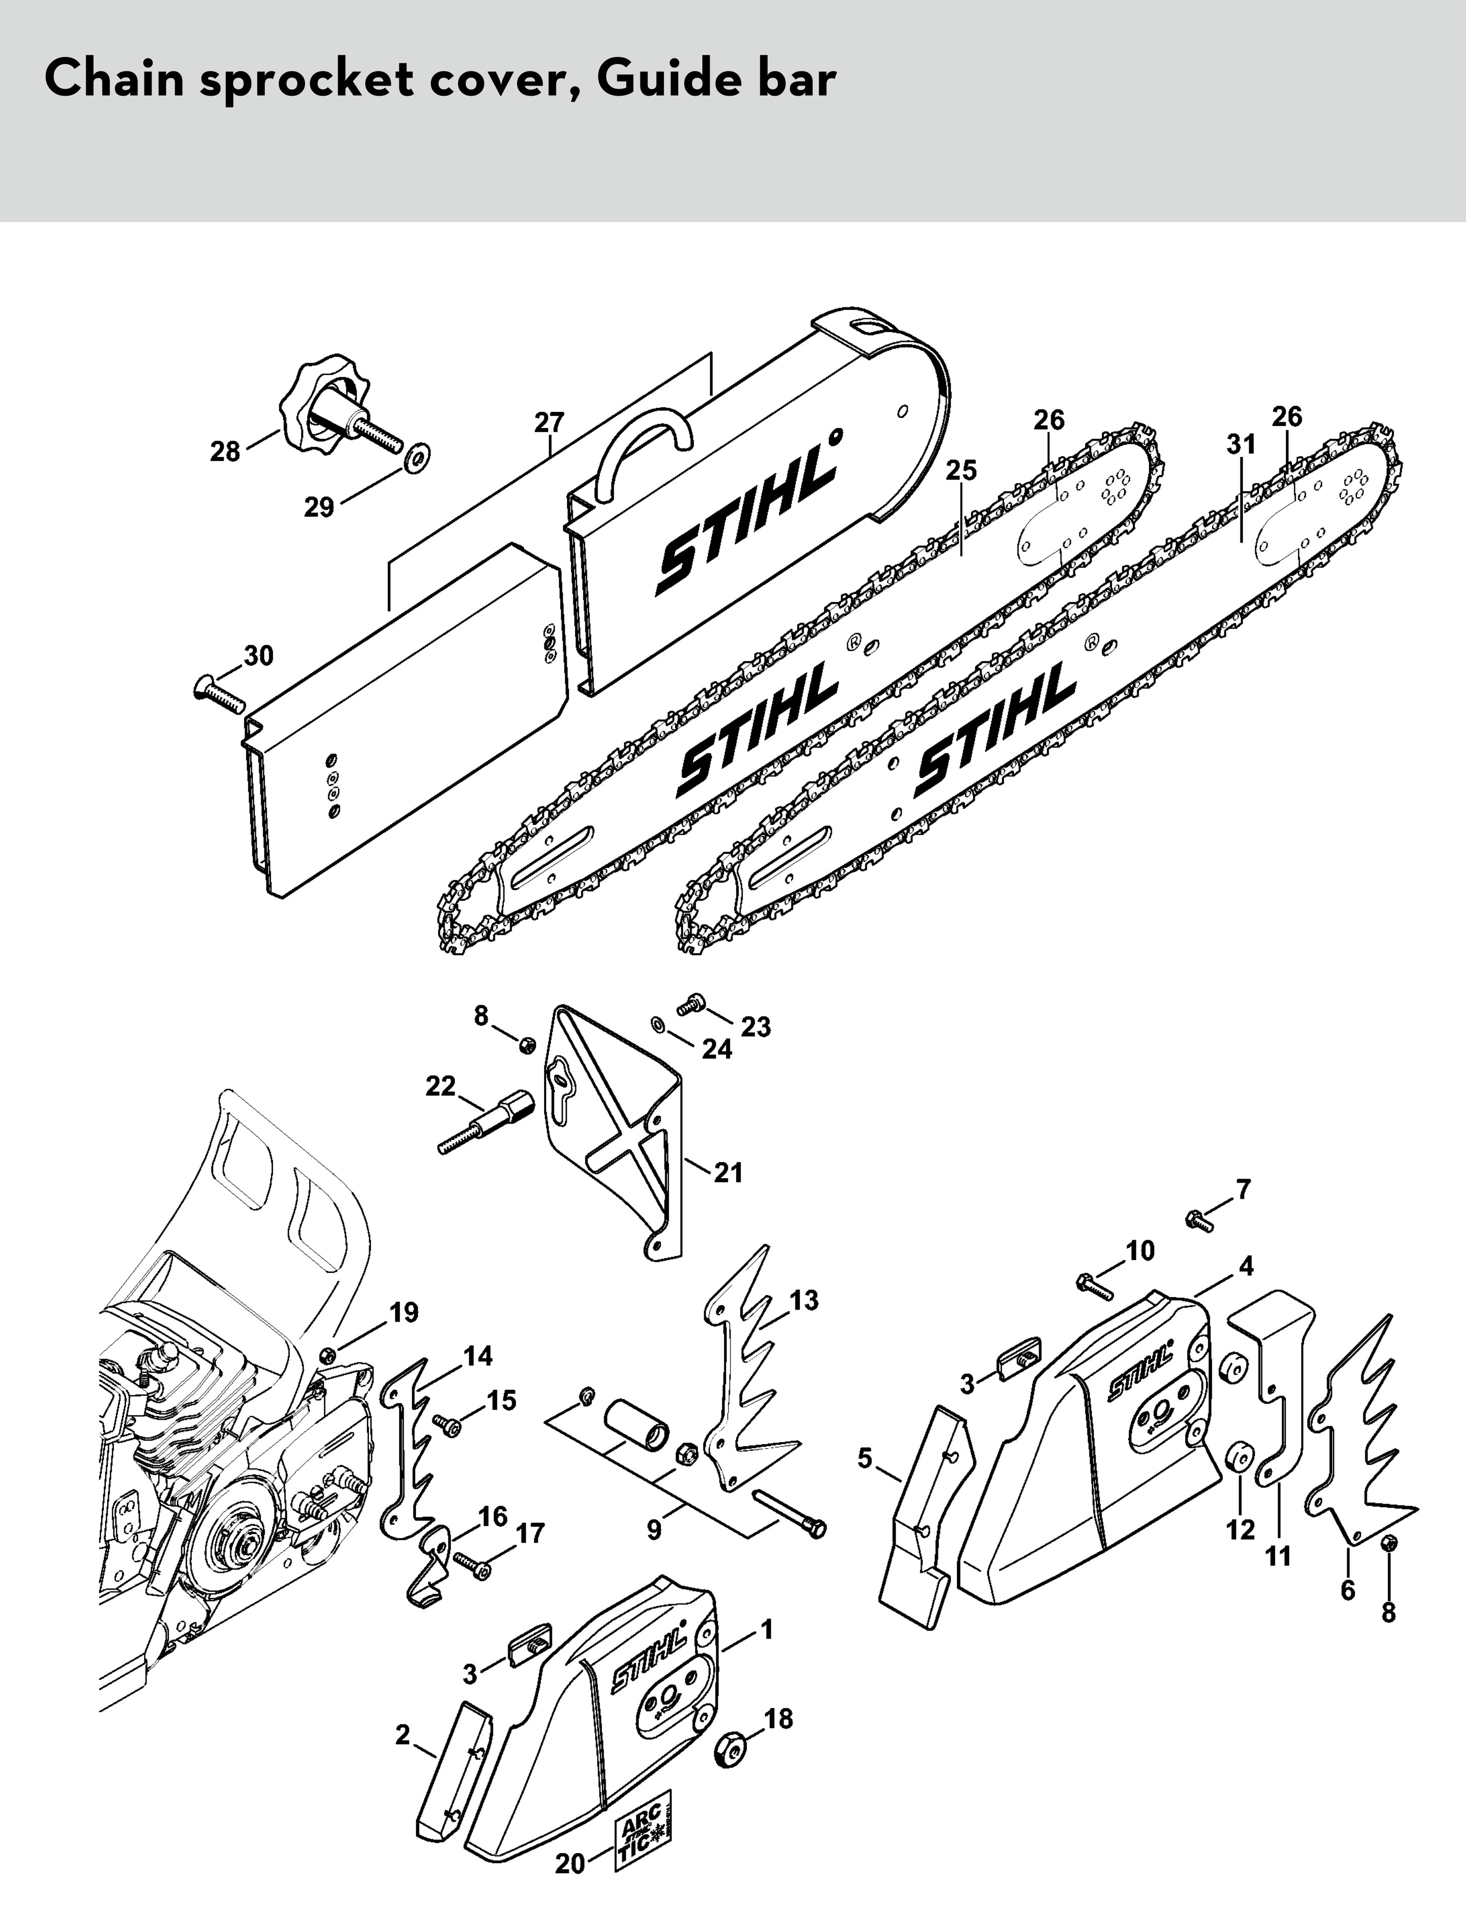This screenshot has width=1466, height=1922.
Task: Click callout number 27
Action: [549, 423]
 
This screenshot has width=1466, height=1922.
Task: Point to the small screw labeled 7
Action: [1200, 1220]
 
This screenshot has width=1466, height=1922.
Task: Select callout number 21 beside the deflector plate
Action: [728, 1172]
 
